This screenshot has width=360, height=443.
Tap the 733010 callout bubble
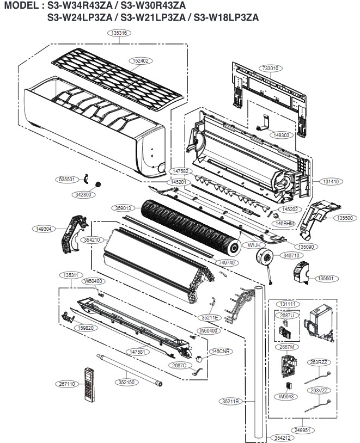[x=271, y=69]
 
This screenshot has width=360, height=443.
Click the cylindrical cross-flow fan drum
[x=191, y=224]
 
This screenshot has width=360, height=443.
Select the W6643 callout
[x=285, y=396]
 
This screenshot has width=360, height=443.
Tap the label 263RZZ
[x=320, y=362]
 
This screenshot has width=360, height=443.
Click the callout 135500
[x=344, y=218]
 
